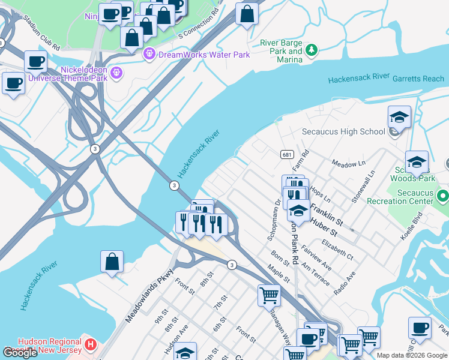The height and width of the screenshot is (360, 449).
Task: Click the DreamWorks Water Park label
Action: point(203,55)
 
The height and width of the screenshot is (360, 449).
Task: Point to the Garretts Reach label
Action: point(418,79)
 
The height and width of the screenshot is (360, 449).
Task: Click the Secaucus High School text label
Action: point(343,131)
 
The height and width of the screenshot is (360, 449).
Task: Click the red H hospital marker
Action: point(90,344)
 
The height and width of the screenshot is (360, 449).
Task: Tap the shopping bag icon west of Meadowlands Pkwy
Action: point(112,262)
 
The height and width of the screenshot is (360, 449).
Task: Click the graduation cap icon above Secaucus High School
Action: point(399,117)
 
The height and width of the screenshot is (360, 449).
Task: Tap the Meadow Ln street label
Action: point(348,163)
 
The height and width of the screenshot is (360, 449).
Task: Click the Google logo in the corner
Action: point(20,353)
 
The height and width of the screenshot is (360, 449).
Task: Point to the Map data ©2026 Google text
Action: point(412,355)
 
